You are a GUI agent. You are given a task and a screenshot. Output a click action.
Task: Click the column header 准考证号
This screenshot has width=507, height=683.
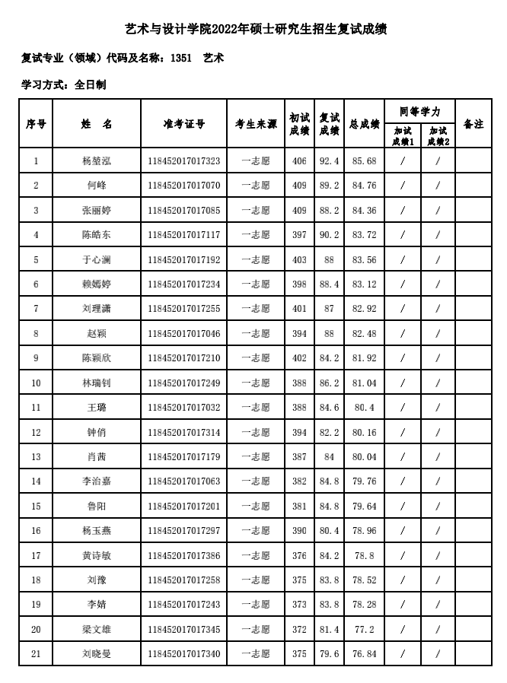tap(183, 124)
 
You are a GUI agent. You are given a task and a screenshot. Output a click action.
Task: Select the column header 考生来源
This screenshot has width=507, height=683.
tap(255, 124)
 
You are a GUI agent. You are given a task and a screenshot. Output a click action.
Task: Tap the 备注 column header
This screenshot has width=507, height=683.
tap(474, 124)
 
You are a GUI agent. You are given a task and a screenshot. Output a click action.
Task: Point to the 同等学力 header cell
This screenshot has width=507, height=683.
tap(419, 111)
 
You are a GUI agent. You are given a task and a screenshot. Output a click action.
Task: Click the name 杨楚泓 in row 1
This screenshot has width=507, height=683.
tap(97, 161)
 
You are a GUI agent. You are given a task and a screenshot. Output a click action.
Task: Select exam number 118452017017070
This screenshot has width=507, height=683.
tap(183, 186)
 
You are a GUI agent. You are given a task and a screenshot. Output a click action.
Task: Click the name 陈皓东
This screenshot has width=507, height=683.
tap(97, 235)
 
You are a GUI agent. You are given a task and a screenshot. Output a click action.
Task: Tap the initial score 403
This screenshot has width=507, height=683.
tap(299, 260)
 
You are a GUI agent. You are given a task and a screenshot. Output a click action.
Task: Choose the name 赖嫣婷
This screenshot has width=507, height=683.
tap(97, 284)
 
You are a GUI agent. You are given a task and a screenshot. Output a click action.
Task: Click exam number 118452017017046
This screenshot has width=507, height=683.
tap(183, 334)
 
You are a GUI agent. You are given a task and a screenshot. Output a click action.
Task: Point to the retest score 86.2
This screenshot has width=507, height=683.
tap(329, 383)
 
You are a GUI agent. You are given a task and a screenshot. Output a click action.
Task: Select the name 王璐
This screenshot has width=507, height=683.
tap(97, 408)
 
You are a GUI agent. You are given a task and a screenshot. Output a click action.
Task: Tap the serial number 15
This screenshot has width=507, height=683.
tap(36, 506)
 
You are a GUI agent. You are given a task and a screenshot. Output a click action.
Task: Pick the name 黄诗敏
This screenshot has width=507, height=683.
tap(97, 555)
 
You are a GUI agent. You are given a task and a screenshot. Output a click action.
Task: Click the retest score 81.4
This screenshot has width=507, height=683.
tap(329, 629)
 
